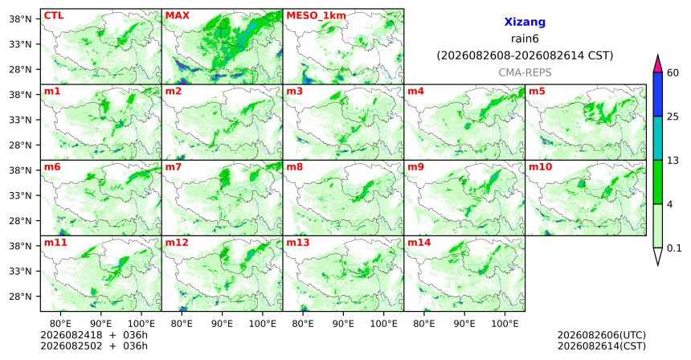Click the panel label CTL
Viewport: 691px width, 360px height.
pyautogui.click(x=54, y=15)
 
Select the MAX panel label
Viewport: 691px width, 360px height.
pyautogui.click(x=177, y=15)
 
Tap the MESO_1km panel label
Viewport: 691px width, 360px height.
pyautogui.click(x=316, y=16)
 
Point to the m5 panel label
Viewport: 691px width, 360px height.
pyautogui.click(x=537, y=92)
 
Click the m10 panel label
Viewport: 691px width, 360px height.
pyautogui.click(x=540, y=167)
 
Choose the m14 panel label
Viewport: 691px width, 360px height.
pyautogui.click(x=419, y=243)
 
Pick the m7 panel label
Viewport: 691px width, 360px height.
pyautogui.click(x=174, y=167)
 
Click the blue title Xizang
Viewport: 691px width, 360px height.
pyautogui.click(x=525, y=22)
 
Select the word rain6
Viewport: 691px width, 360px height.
pyautogui.click(x=525, y=39)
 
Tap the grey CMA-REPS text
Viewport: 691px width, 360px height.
pyautogui.click(x=525, y=72)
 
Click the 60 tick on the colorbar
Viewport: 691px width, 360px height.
pyautogui.click(x=673, y=72)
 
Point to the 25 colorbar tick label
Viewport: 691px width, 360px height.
pyautogui.click(x=673, y=117)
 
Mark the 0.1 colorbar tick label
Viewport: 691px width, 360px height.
pyautogui.click(x=674, y=248)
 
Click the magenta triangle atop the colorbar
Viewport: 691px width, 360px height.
pyautogui.click(x=658, y=64)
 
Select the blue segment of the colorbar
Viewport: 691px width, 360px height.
pyautogui.click(x=658, y=94)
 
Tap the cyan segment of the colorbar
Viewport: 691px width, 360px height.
pyautogui.click(x=658, y=138)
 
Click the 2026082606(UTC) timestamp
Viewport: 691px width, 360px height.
pyautogui.click(x=602, y=336)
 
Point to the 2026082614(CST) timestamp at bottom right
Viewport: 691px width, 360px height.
pyautogui.click(x=602, y=346)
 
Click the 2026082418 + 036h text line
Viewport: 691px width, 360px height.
pyautogui.click(x=94, y=335)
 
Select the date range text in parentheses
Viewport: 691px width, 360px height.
pyautogui.click(x=525, y=56)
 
